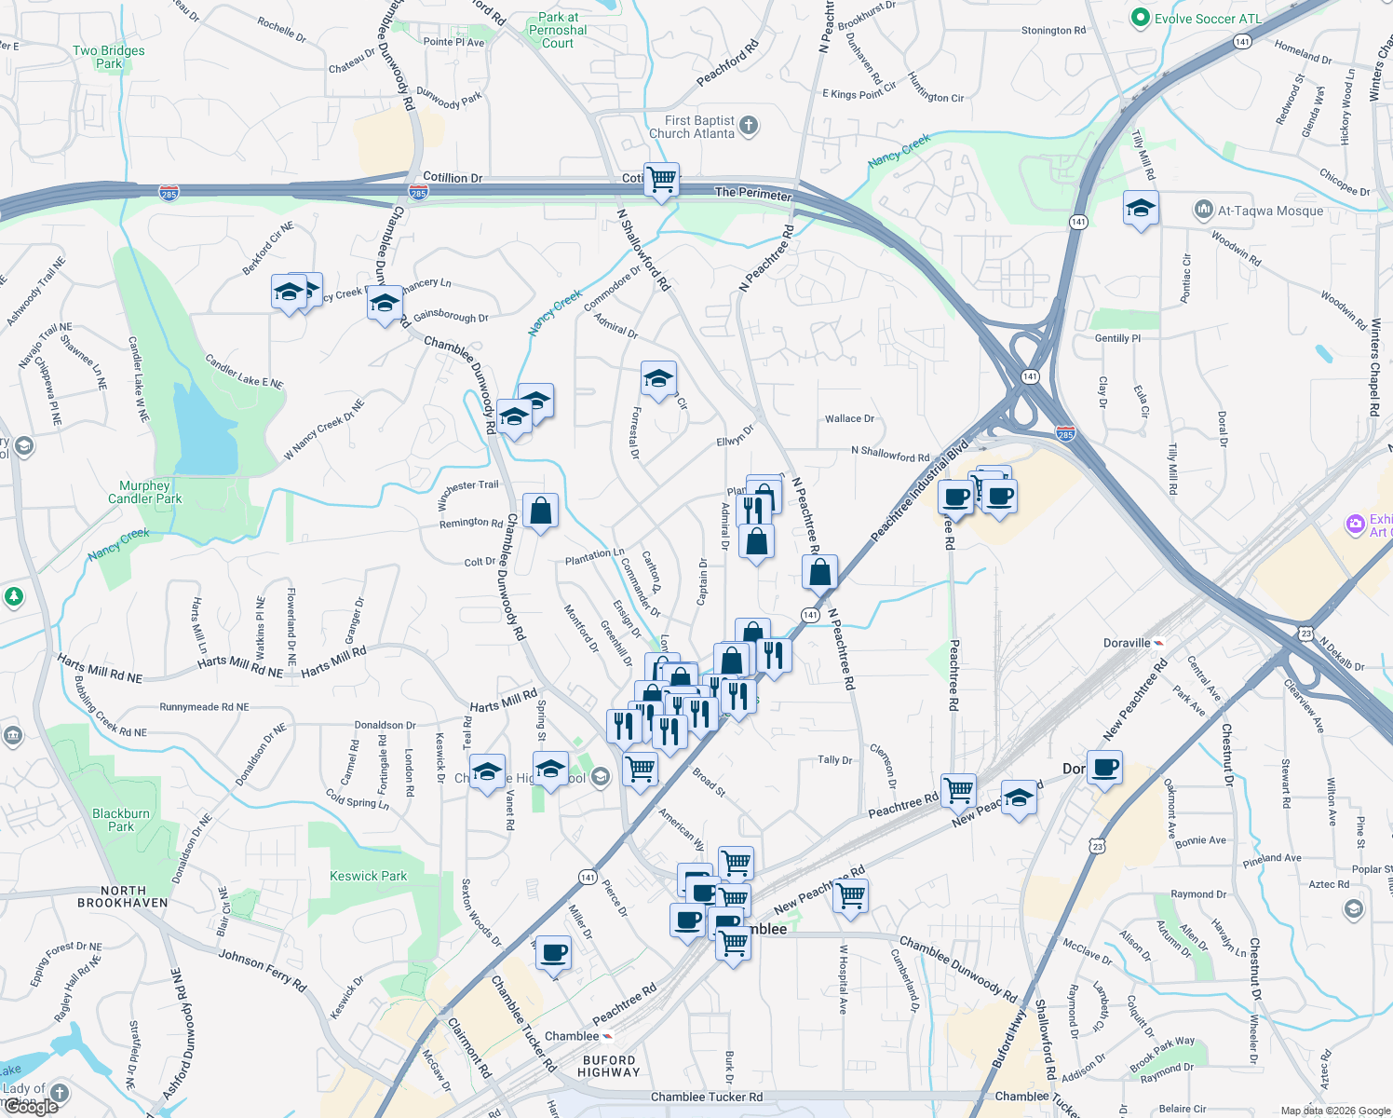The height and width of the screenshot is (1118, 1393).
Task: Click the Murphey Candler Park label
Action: pyautogui.click(x=144, y=492)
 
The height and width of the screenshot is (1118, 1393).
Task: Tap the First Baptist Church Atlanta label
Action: pyautogui.click(x=700, y=127)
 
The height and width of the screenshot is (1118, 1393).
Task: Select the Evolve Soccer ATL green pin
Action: pyautogui.click(x=1140, y=19)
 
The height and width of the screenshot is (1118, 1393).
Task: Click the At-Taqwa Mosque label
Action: pyautogui.click(x=1270, y=211)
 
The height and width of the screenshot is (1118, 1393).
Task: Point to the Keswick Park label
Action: pyautogui.click(x=368, y=876)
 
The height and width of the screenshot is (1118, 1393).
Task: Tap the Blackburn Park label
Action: pyautogui.click(x=121, y=820)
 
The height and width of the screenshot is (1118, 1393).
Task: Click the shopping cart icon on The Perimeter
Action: pyautogui.click(x=661, y=179)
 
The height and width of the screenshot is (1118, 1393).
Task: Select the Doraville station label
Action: pyautogui.click(x=1127, y=643)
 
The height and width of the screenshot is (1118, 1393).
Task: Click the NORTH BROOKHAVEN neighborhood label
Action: pyautogui.click(x=123, y=897)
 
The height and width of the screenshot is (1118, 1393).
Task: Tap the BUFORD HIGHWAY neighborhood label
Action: pyautogui.click(x=609, y=1066)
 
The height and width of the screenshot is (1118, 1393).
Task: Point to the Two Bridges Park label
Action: pyautogui.click(x=109, y=57)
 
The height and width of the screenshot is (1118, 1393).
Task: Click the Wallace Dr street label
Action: pyautogui.click(x=849, y=418)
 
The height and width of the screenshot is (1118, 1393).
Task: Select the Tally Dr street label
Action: pyautogui.click(x=834, y=760)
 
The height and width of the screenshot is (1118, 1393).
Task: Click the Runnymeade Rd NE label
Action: pyautogui.click(x=204, y=707)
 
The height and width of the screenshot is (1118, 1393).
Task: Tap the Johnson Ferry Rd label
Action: pyautogui.click(x=262, y=969)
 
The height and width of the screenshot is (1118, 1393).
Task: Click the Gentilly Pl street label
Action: pyautogui.click(x=1117, y=338)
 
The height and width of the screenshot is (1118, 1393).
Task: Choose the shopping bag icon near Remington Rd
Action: pyautogui.click(x=540, y=511)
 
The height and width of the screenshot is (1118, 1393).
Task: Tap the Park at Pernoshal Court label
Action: pyautogui.click(x=558, y=30)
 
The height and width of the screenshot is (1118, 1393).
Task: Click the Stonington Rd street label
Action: pyautogui.click(x=1053, y=31)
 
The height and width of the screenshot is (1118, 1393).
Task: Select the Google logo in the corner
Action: pyautogui.click(x=30, y=1107)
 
